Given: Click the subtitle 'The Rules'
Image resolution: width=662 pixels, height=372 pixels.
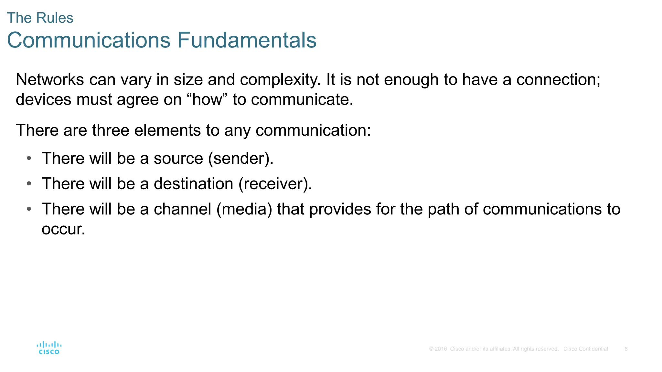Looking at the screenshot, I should tap(40, 18).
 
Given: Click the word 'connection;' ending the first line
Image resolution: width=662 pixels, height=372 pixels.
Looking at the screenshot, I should tap(558, 79).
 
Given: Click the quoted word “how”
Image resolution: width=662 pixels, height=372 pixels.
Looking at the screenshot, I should tap(207, 99).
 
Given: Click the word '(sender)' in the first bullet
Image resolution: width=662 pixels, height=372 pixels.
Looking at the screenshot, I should tap(241, 159).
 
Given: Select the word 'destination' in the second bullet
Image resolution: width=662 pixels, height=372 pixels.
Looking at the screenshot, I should tap(193, 184).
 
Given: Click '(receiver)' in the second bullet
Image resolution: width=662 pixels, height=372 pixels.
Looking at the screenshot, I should tap(275, 184).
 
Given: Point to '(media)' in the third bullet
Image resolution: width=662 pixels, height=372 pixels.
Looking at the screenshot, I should tap(244, 209).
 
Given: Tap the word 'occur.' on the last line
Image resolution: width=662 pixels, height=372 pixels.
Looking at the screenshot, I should tap(63, 229).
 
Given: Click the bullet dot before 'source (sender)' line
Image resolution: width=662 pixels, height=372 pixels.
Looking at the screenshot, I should tap(29, 158).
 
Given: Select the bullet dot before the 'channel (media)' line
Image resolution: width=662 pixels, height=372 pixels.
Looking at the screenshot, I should tap(29, 209).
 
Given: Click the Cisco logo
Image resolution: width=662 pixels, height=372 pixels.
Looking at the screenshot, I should tap(49, 348).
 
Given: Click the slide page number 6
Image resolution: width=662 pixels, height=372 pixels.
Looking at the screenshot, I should tap(626, 349).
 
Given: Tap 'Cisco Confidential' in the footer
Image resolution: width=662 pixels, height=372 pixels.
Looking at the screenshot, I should tap(585, 349).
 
